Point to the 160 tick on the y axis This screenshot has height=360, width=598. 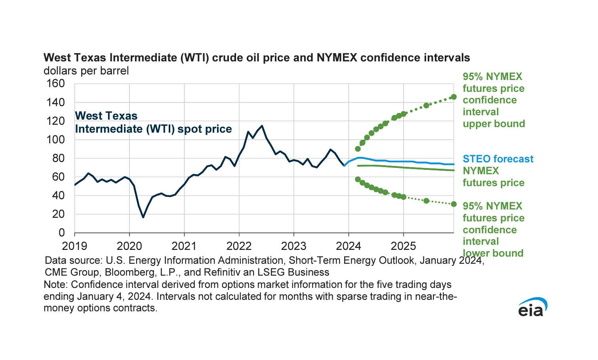coord(55,84)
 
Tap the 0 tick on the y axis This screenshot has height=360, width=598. coord(61,233)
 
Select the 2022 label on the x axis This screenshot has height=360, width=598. coord(239,246)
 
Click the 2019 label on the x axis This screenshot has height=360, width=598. coord(74,246)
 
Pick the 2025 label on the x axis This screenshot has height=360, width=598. coord(403,246)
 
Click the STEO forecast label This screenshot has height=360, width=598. coord(498,159)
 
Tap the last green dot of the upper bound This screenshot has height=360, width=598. coord(454,97)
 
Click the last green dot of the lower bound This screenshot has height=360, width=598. coord(454,204)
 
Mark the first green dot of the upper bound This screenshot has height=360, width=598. coord(358,149)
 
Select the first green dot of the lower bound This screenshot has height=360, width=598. coord(358,179)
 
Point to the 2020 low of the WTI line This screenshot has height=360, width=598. coord(143,217)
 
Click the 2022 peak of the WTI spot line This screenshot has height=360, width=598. coord(262,126)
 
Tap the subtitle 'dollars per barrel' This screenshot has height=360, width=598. coord(86,71)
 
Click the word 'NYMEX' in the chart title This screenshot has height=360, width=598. coord(337,58)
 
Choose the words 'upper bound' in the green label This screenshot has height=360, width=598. coord(493,124)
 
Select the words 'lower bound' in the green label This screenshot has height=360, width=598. coord(493,253)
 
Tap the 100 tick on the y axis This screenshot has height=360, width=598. coord(55,140)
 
